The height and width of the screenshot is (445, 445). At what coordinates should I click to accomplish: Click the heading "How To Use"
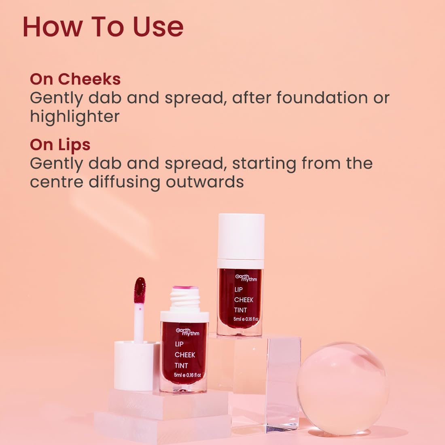(x=103, y=27)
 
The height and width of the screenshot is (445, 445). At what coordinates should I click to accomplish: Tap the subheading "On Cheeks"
(x=75, y=79)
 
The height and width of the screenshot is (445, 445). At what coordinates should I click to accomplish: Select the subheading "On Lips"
(x=60, y=145)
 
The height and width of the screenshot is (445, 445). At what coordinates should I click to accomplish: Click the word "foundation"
(x=322, y=97)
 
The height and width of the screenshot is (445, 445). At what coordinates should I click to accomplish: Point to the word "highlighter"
(x=75, y=117)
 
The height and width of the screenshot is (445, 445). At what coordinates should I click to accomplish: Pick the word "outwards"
(x=205, y=182)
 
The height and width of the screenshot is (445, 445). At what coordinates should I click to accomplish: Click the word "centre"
(x=57, y=182)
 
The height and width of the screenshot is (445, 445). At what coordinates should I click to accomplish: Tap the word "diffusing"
(x=125, y=182)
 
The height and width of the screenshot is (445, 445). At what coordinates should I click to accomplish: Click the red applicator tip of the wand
(x=140, y=290)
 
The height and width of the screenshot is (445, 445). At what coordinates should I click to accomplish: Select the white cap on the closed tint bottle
(x=241, y=237)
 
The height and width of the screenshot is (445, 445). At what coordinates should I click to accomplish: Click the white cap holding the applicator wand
(x=136, y=366)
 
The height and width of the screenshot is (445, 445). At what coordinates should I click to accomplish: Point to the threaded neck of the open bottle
(x=185, y=299)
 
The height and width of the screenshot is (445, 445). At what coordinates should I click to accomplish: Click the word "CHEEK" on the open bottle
(x=185, y=355)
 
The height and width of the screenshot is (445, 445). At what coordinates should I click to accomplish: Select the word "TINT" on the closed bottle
(x=240, y=310)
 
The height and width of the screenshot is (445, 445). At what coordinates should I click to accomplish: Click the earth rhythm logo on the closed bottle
(x=246, y=278)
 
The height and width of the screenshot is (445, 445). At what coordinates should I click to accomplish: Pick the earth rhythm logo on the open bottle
(x=188, y=332)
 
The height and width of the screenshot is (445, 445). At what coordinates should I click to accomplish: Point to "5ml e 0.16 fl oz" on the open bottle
(x=187, y=375)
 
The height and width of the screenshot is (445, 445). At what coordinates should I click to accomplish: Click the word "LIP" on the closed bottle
(x=238, y=290)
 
